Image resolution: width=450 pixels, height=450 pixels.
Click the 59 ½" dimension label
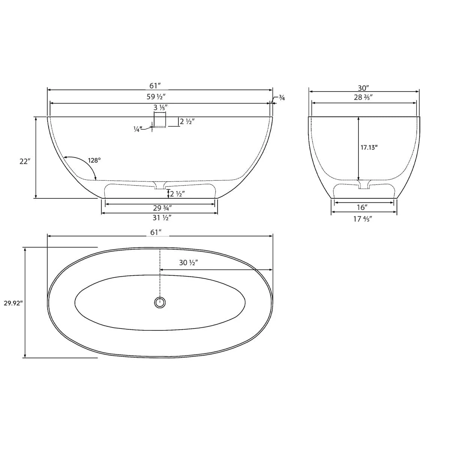(x=156, y=96)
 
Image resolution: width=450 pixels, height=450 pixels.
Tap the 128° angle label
(x=94, y=160)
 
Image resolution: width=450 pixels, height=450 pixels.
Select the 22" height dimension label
(x=25, y=161)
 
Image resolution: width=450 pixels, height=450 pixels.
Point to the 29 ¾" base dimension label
(x=162, y=208)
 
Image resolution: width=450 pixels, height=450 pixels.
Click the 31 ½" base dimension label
(x=162, y=217)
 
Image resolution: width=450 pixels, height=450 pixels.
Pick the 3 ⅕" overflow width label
(x=160, y=108)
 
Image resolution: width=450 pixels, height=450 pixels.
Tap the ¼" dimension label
(x=138, y=129)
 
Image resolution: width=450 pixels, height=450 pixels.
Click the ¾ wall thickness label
(x=282, y=98)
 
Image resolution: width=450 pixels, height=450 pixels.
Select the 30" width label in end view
(x=364, y=88)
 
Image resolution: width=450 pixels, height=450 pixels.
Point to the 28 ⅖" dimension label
(x=363, y=97)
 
